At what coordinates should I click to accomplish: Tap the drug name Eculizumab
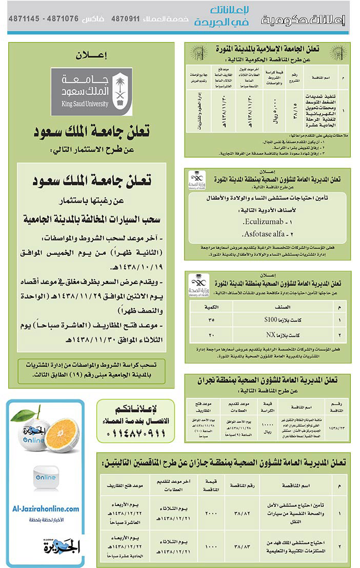tap(260, 223)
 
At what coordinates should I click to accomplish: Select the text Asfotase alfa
tap(261, 234)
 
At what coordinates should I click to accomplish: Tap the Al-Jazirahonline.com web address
tap(46, 509)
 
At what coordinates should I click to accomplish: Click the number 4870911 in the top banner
tap(125, 18)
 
